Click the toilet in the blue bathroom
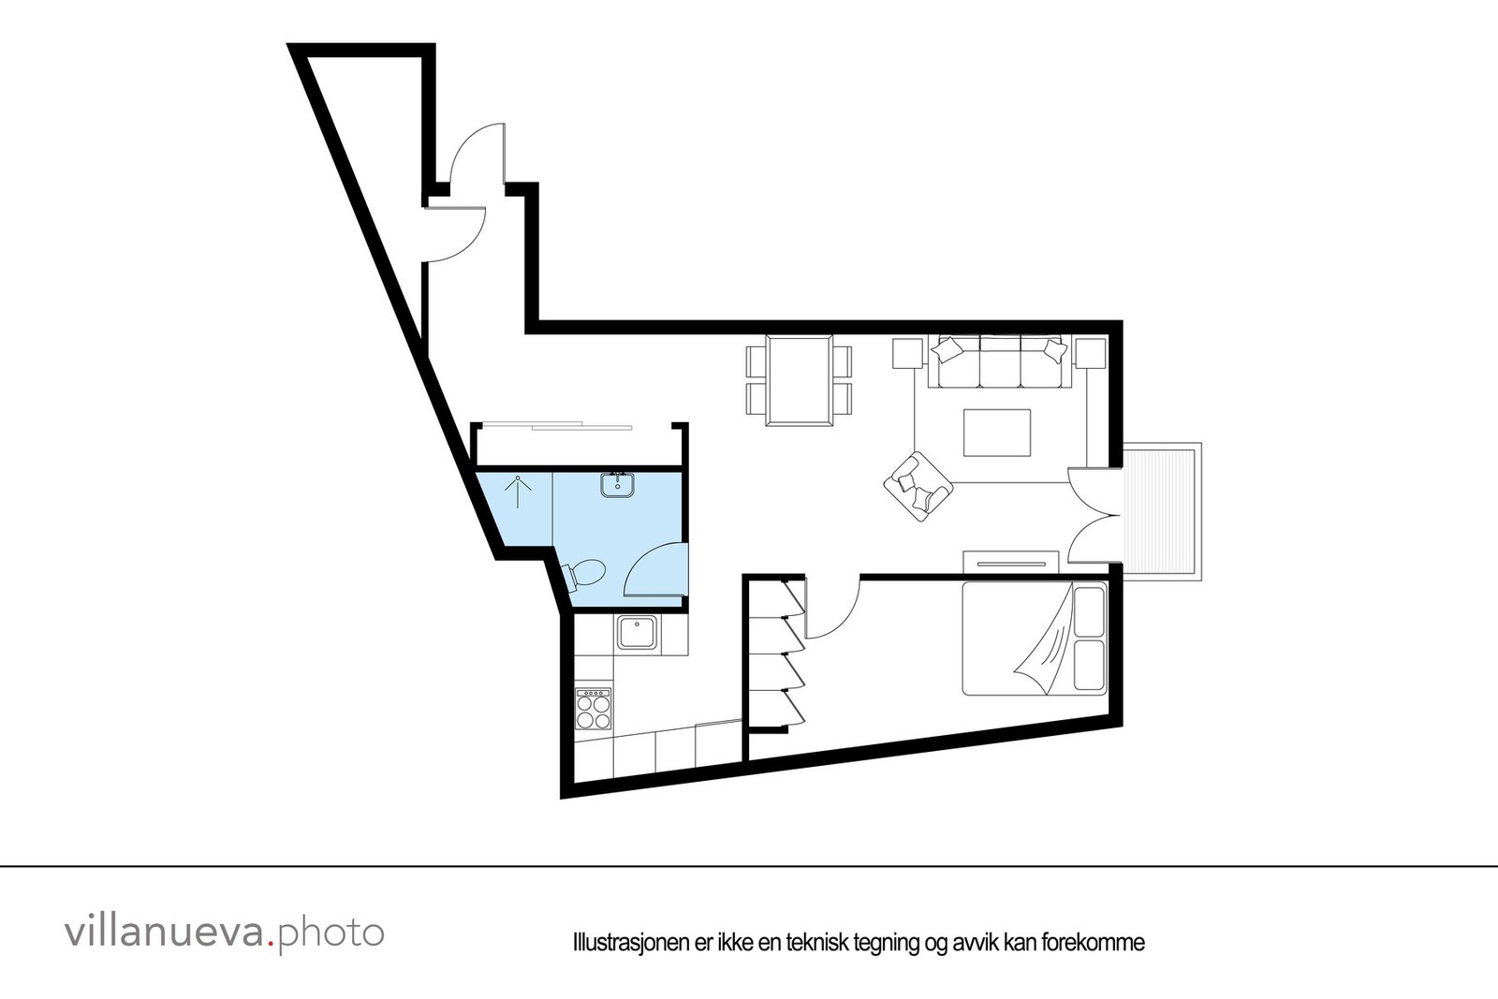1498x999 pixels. tap(586, 572)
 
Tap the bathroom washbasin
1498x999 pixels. tap(618, 486)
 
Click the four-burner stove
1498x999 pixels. tap(593, 708)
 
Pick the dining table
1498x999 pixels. tap(800, 379)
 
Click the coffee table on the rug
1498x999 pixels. tap(997, 433)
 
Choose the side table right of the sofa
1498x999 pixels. tap(1090, 354)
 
